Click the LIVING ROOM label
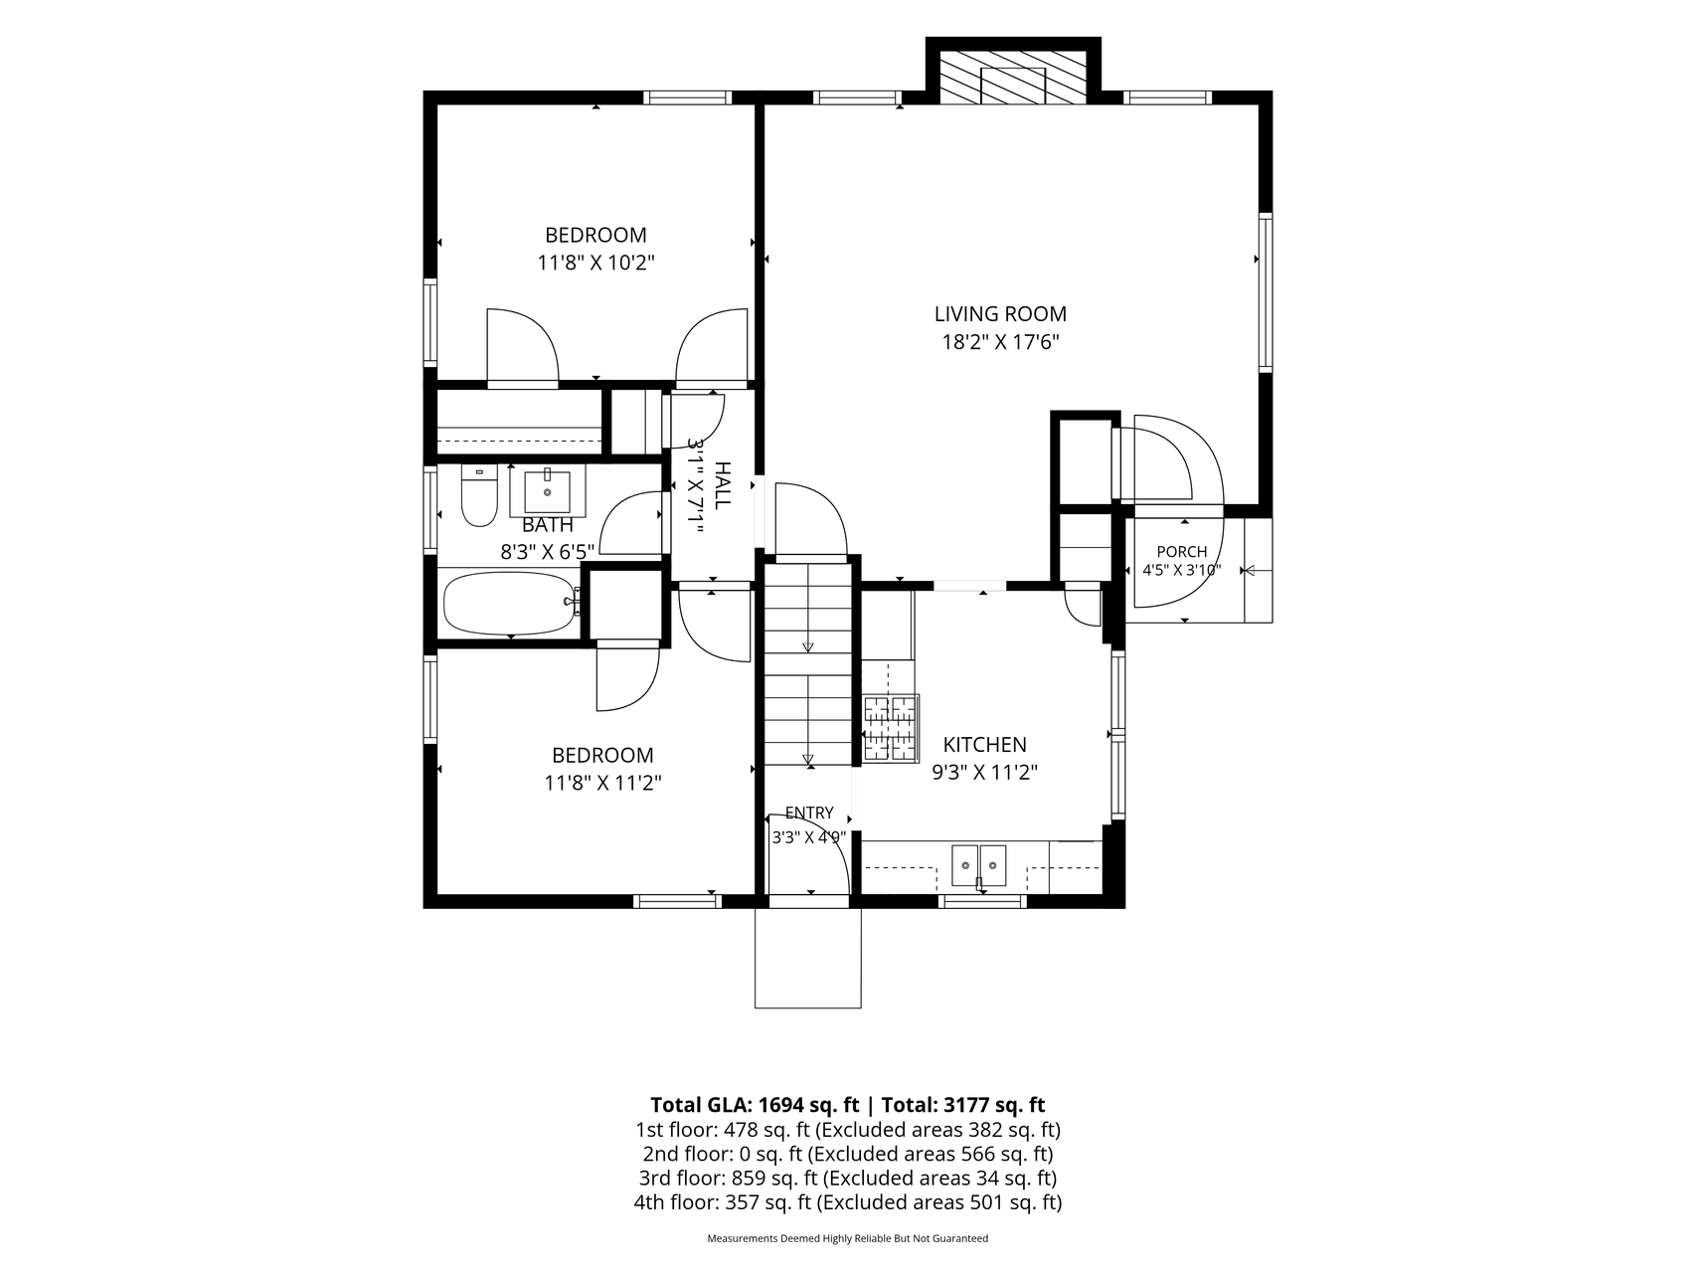click(1000, 314)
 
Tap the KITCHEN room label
click(984, 745)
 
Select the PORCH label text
click(1182, 552)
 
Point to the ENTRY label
click(809, 814)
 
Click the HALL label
click(723, 485)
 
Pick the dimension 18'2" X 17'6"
click(1000, 343)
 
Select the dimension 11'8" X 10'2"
click(596, 264)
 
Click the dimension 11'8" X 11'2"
click(602, 784)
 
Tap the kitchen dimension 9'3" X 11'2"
click(984, 773)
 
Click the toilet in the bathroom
click(479, 496)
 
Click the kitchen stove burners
click(890, 728)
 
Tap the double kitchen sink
click(979, 864)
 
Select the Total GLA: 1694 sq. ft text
click(755, 1105)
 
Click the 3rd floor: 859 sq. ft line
click(847, 1179)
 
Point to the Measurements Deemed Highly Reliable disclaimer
click(847, 1239)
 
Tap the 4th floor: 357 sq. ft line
click(847, 1203)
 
